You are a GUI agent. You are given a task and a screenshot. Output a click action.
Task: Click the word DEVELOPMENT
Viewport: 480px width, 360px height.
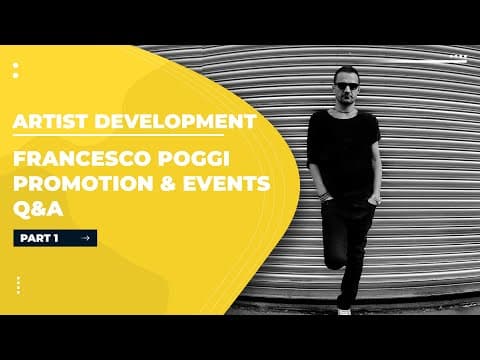point(176,121)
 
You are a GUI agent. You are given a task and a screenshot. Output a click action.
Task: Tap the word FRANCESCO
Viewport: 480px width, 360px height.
point(80,159)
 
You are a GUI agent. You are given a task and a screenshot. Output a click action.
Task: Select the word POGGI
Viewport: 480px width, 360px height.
point(193,159)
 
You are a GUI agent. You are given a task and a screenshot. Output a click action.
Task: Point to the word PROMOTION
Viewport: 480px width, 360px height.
point(83,184)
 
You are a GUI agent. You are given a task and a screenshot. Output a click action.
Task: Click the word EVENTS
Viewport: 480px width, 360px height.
point(227,184)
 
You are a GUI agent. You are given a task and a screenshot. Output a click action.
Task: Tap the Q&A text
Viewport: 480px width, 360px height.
point(38,210)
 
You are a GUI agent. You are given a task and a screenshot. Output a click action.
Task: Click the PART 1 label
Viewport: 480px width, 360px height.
point(39,238)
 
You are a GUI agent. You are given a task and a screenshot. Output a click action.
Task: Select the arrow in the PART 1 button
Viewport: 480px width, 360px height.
point(86,238)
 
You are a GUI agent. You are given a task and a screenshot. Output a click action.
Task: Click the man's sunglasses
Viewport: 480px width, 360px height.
point(347,86)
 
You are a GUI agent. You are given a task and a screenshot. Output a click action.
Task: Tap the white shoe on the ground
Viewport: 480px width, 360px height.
point(344,312)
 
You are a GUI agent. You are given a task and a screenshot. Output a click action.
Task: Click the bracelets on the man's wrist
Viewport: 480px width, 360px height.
point(323,196)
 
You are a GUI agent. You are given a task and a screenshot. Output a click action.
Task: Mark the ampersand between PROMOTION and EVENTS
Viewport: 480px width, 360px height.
point(168,184)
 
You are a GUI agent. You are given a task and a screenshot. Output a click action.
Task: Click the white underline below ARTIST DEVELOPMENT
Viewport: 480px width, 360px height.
point(118,135)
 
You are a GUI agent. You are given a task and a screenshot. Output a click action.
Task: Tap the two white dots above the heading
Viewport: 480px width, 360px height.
point(16,70)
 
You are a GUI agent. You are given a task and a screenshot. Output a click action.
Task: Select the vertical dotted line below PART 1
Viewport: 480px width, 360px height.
point(18,285)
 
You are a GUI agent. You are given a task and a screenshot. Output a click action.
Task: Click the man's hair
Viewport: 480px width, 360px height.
point(346,73)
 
